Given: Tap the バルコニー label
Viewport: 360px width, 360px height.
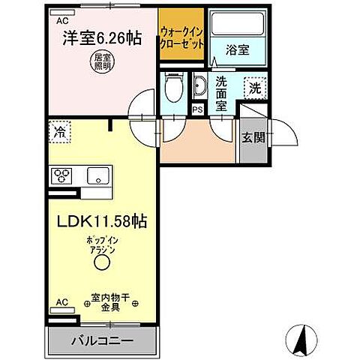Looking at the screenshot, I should (x=103, y=340).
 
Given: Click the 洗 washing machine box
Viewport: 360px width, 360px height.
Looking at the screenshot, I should (x=256, y=88).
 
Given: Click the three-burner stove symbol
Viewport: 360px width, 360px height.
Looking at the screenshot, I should (x=61, y=177).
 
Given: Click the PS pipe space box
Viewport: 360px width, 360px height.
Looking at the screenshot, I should (x=197, y=110).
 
